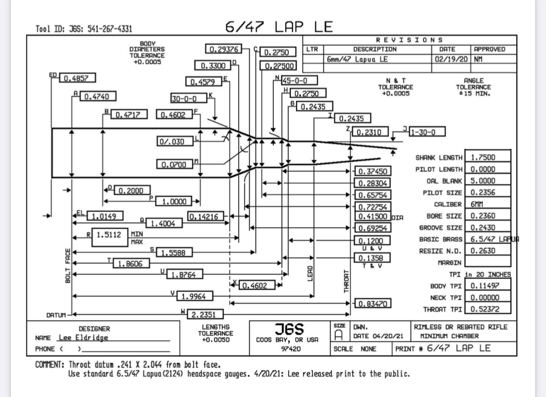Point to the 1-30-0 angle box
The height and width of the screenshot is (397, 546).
pyautogui.click(x=428, y=131)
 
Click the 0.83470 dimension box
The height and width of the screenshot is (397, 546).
pyautogui.click(x=372, y=304)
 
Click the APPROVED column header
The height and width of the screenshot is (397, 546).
pyautogui.click(x=489, y=49)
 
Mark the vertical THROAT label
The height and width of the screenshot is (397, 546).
pyautogui.click(x=346, y=281)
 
